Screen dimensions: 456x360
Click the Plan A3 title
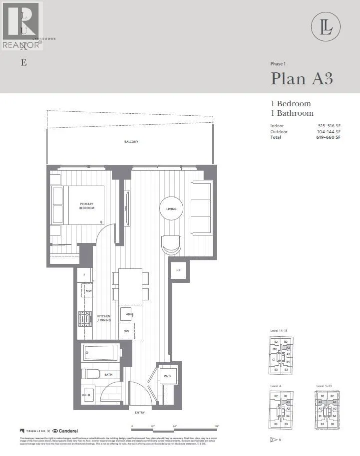click(x=301, y=79)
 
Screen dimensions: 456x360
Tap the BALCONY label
click(x=131, y=142)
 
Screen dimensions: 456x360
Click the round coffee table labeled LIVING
click(x=171, y=209)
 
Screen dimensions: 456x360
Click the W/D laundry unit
click(x=166, y=376)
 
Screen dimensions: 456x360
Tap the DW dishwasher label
click(x=126, y=331)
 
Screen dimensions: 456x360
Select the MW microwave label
click(x=88, y=291)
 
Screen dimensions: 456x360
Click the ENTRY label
click(x=140, y=413)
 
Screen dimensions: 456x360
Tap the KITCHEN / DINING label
click(x=104, y=319)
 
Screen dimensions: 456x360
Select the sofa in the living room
click(x=201, y=207)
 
